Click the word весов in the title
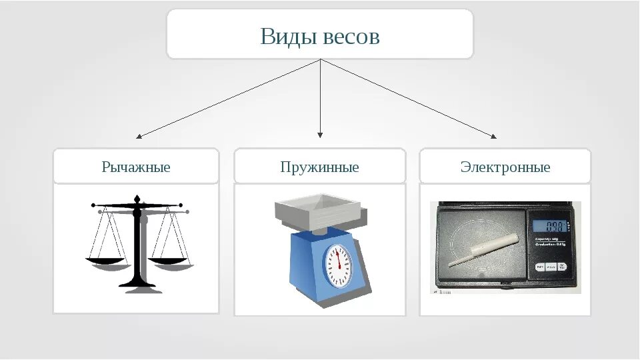point(351,37)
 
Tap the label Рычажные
point(136,167)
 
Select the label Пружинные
point(320,167)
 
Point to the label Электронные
point(505,167)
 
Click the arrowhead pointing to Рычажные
point(138,137)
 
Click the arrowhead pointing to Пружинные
point(320,135)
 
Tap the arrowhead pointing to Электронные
point(494,137)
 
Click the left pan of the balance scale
point(105,261)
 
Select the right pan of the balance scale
point(169,261)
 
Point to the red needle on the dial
point(339,259)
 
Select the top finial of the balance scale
point(137,199)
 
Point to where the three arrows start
point(321,59)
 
